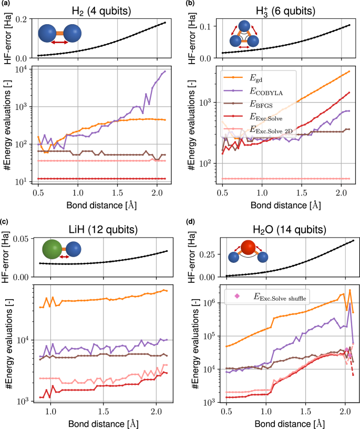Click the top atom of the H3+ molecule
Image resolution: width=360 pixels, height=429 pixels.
243,26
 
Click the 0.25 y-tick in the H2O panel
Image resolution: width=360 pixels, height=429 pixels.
204,254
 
